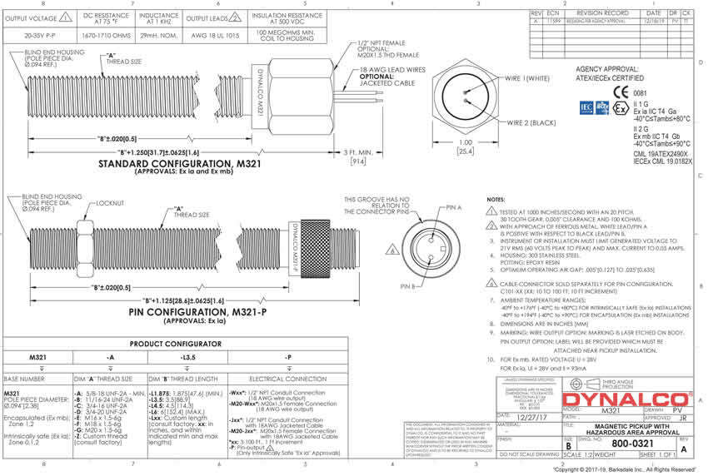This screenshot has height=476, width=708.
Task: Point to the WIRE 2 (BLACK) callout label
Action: click(x=532, y=122)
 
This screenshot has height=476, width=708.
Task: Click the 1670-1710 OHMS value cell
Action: click(x=105, y=37)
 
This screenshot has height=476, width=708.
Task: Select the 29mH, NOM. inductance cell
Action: click(x=160, y=37)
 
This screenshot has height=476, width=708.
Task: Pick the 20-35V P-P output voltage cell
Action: click(x=41, y=37)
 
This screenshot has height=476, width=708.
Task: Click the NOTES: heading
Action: click(x=496, y=201)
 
